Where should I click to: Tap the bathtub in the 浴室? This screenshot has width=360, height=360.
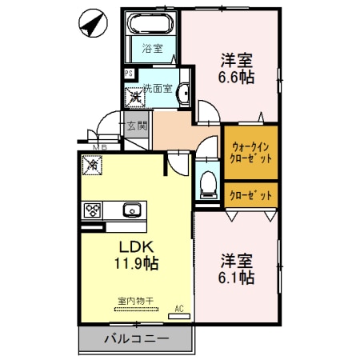(x=150, y=24)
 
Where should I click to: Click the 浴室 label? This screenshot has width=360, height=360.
(x=152, y=49)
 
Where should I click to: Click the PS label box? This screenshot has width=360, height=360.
(x=128, y=74)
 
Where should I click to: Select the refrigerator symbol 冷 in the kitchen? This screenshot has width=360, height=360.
(x=93, y=166)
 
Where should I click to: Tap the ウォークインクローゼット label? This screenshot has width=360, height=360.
(x=251, y=152)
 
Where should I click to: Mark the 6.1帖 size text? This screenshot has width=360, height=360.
(x=237, y=278)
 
